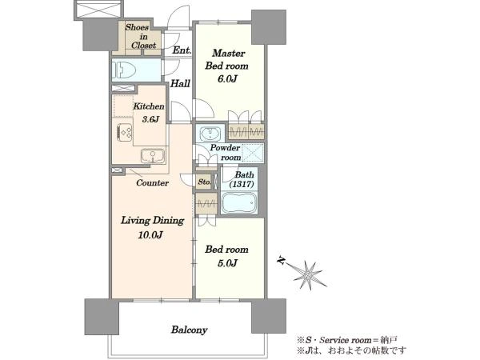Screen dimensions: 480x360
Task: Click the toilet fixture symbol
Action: [124, 70]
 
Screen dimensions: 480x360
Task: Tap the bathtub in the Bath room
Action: [239, 202]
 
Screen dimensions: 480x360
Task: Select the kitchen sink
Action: [153, 156]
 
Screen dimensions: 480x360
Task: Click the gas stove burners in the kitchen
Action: [124, 133]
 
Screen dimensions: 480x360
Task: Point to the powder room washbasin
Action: [210, 133]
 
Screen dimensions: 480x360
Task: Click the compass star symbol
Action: [308, 274]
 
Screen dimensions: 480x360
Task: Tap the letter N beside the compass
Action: [281, 260]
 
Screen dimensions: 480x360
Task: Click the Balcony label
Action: [189, 330]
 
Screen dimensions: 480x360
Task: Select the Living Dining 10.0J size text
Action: [150, 234]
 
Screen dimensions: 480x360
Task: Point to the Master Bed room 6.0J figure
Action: [227, 78]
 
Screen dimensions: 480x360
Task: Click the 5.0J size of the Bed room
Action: [227, 263]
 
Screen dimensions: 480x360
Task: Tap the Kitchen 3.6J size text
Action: [150, 118]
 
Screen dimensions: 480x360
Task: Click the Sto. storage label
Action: [204, 182]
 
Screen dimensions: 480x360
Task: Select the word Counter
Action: [153, 182]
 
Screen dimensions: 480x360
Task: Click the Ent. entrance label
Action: [182, 50]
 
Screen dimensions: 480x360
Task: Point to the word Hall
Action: [180, 83]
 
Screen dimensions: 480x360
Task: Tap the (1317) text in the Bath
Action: [242, 184]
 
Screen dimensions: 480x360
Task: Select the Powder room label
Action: [226, 152]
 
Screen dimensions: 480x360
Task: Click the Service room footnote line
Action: [347, 340]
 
